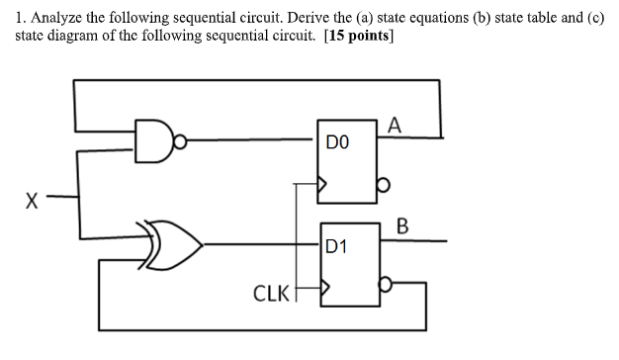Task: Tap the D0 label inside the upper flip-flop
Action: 337,142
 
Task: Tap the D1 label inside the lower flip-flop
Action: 337,243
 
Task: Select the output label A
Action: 396,125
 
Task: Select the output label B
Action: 402,225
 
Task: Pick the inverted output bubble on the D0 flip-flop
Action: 387,184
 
